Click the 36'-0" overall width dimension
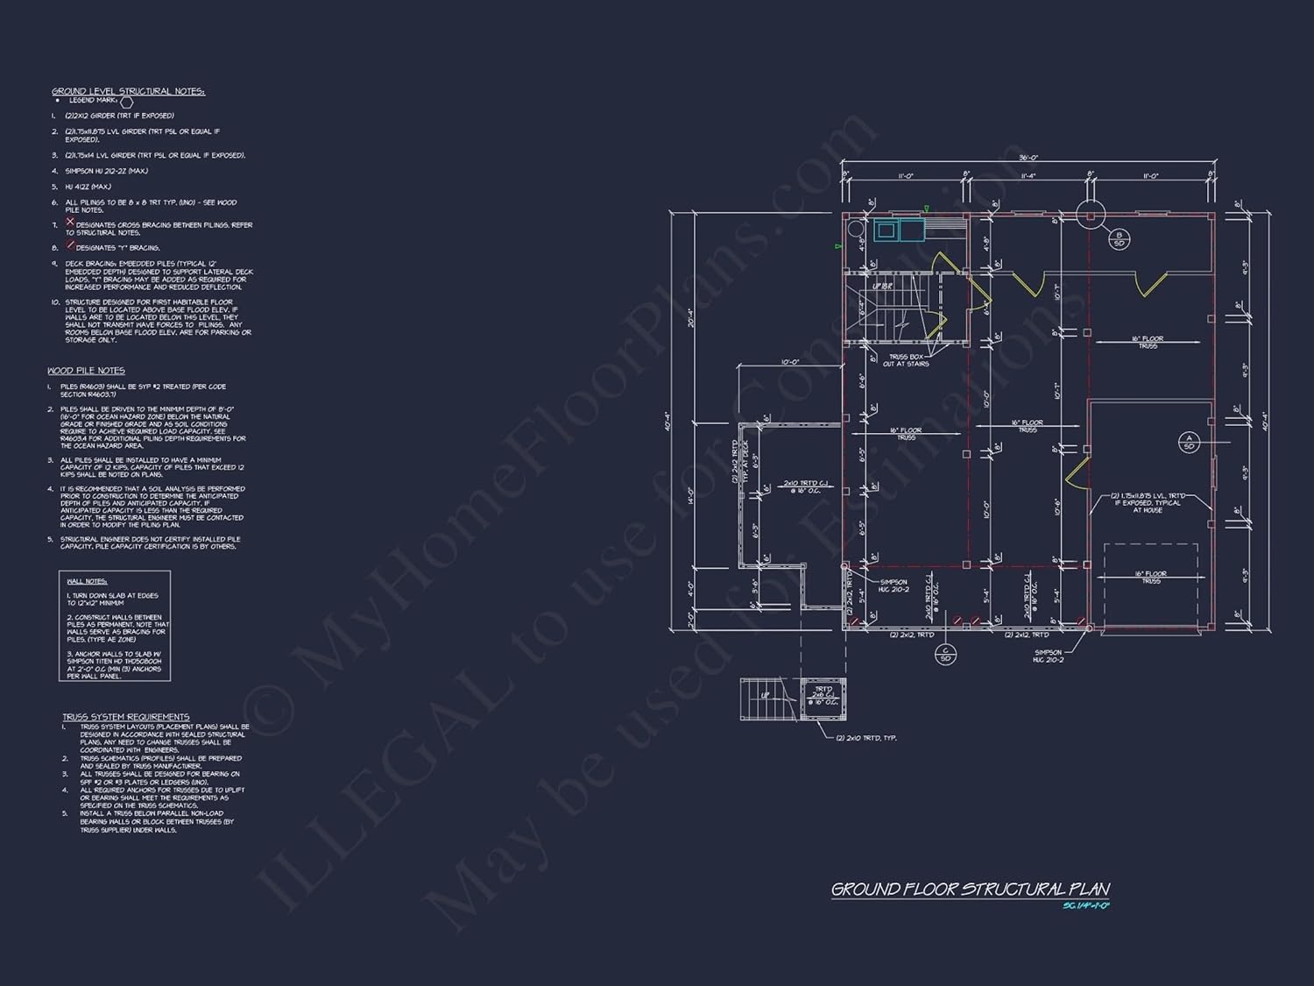[1028, 158]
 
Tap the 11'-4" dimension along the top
[1028, 176]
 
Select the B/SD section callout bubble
[1118, 238]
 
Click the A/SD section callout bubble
[1189, 442]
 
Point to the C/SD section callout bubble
[945, 654]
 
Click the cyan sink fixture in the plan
[886, 231]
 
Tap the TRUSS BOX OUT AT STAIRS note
[906, 360]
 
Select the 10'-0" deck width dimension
[789, 362]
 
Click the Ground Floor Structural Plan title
[970, 890]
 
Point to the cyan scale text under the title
[1085, 905]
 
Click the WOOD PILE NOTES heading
[86, 371]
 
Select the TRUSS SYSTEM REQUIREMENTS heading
[125, 717]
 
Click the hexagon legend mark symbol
[126, 103]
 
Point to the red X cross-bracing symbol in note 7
[70, 223]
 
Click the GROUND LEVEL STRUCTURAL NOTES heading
[128, 91]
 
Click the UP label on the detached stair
[765, 695]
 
